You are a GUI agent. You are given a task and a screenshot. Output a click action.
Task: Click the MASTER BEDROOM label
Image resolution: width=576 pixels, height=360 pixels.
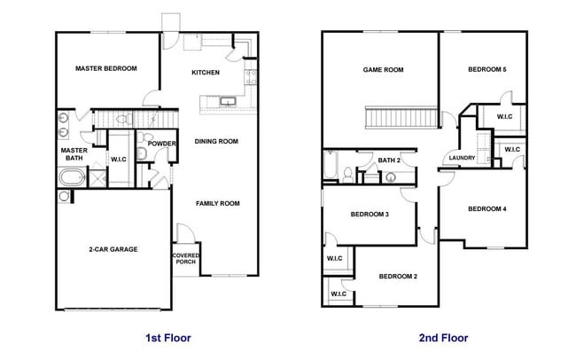(105, 68)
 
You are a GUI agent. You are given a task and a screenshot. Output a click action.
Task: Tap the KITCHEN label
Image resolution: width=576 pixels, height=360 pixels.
(206, 73)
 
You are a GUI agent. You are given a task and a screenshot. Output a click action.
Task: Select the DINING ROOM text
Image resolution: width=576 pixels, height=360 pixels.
(217, 142)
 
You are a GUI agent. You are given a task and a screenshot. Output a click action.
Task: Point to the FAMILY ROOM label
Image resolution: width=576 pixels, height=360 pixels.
(218, 204)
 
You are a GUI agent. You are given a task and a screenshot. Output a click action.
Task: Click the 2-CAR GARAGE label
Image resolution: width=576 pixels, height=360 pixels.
(113, 249)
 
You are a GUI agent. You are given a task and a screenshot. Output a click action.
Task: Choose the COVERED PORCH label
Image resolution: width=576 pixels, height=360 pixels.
(186, 259)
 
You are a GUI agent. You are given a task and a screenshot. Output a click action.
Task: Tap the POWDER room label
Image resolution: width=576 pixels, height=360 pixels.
(162, 144)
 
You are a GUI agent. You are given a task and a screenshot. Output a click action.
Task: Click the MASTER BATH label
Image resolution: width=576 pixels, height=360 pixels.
(73, 154)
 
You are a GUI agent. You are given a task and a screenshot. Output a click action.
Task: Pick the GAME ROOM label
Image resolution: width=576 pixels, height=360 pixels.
(383, 69)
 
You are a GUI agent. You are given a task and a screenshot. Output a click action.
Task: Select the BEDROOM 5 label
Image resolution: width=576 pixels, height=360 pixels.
(486, 69)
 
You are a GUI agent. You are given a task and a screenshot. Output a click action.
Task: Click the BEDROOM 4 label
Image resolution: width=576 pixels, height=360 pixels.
(486, 209)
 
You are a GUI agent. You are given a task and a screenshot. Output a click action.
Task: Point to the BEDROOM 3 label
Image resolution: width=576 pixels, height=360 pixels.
(370, 215)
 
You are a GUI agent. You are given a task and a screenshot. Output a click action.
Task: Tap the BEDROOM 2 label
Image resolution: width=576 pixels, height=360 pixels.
(398, 277)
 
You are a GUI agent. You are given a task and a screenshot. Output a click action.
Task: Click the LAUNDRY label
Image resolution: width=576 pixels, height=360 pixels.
(462, 159)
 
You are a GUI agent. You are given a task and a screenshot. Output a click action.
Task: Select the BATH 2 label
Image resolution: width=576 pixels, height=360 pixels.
(390, 160)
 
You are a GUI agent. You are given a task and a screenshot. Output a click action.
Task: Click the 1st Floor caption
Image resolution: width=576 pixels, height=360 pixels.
(167, 338)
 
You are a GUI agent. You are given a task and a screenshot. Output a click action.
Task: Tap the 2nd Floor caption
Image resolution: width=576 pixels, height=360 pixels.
(445, 338)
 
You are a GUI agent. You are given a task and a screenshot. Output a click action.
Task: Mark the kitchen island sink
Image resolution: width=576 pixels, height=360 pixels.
(228, 102)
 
